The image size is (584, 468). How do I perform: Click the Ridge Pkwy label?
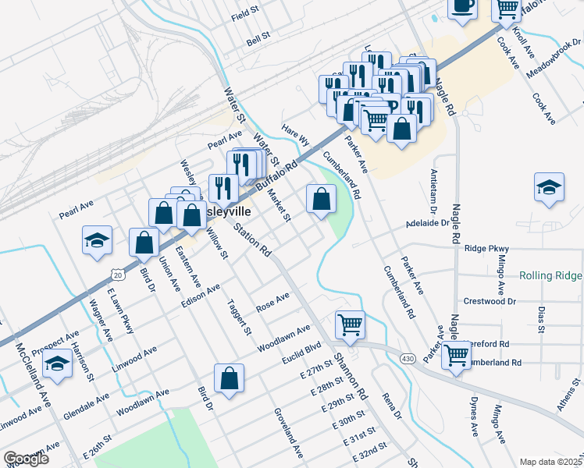click(486, 248)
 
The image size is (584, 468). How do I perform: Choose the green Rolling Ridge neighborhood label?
click(550, 275)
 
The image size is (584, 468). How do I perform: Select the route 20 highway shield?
click(116, 275)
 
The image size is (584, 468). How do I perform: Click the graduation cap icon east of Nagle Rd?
click(549, 188)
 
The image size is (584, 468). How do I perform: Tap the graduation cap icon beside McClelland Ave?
click(57, 363)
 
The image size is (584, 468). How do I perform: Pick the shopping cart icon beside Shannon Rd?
click(351, 324)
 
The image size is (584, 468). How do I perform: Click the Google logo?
click(26, 459)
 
